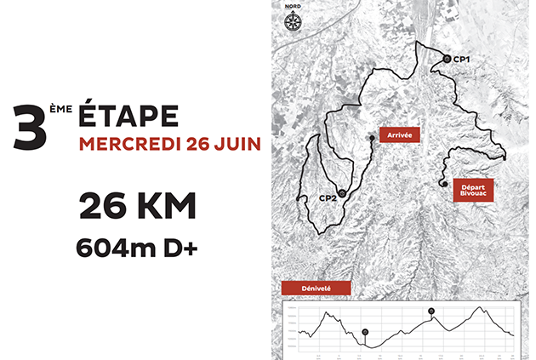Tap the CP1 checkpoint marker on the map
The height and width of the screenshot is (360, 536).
(448, 58)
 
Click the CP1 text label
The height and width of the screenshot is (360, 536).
(464, 59)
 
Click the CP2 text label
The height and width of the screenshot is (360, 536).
(326, 199)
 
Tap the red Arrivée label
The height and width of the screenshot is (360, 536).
(398, 135)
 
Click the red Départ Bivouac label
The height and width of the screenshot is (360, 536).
(472, 188)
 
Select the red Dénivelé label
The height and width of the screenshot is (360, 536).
(316, 289)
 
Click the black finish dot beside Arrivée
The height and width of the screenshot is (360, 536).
(372, 138)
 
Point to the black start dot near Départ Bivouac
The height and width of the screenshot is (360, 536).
(443, 183)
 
